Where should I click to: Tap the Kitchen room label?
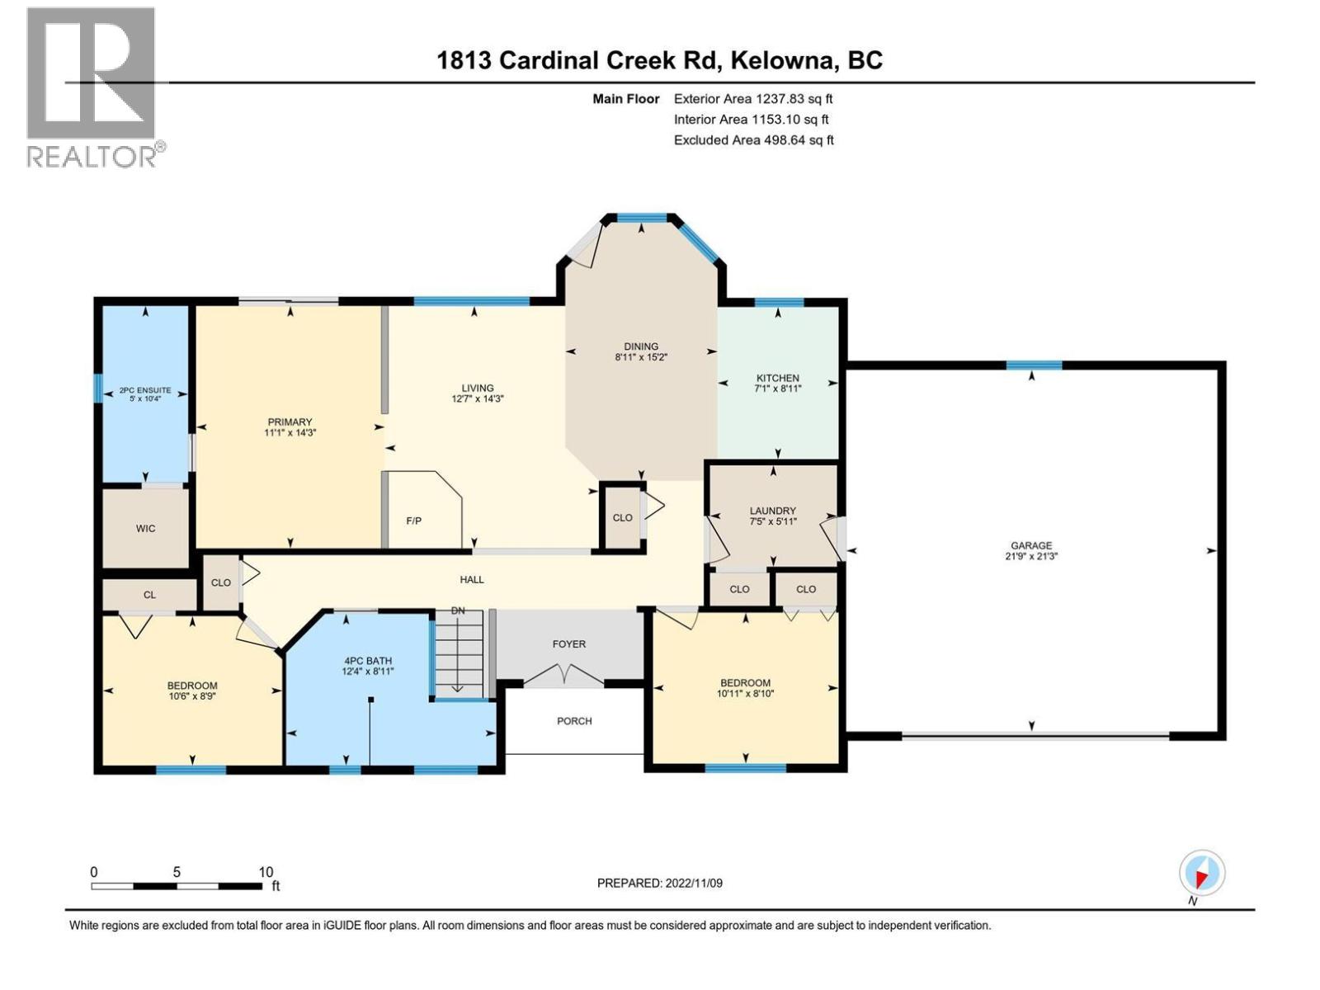pos(777,378)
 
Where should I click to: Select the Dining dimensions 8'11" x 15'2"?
pos(641,358)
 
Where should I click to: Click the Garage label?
pos(1031,545)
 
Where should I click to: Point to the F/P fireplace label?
pos(414,521)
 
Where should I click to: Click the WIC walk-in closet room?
pos(145,528)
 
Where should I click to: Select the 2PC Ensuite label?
pos(145,390)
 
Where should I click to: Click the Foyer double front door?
pos(563,676)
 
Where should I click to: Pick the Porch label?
pos(574,721)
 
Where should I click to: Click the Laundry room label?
pos(772,511)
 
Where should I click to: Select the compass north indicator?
pos(1201,874)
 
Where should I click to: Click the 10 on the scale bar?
pos(266,872)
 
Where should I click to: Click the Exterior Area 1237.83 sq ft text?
pos(753,98)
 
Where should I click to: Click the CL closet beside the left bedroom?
pos(149,595)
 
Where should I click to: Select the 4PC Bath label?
pos(368,661)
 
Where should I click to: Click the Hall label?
pos(472,580)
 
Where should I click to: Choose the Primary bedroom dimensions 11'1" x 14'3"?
pos(290,432)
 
